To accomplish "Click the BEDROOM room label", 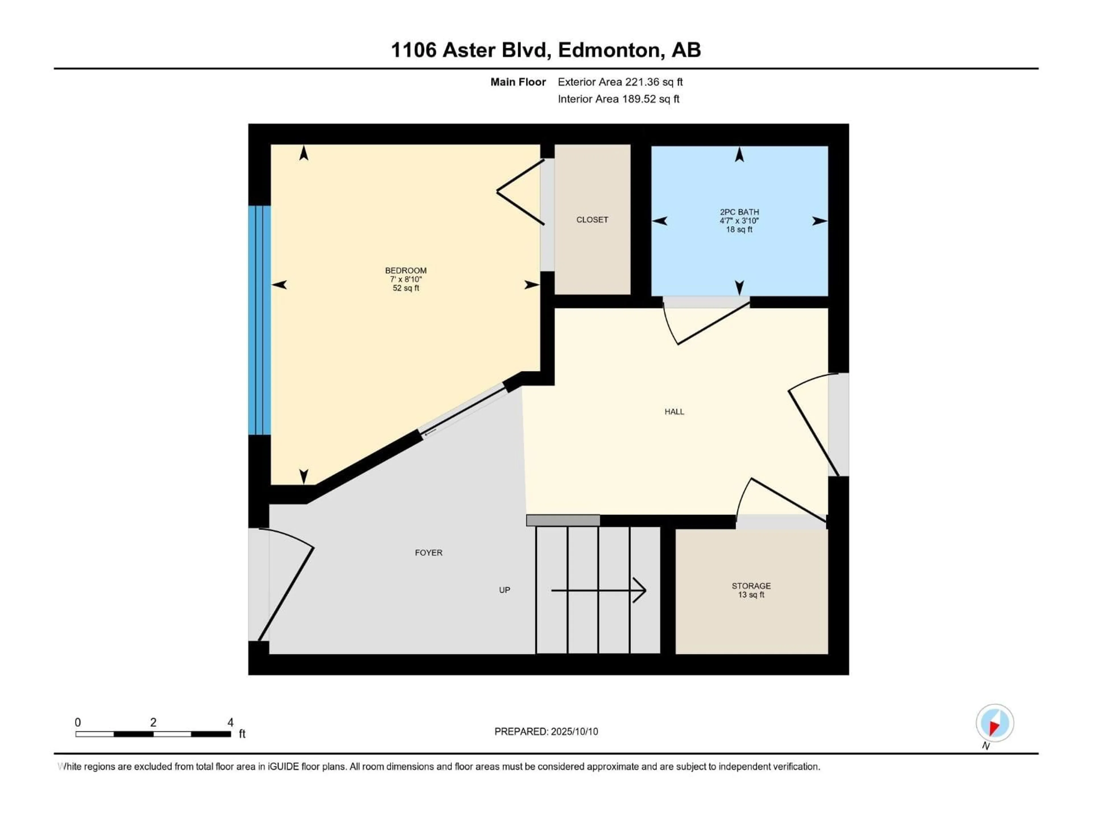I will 406,271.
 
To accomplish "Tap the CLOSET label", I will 592,220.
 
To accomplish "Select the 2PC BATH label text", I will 739,212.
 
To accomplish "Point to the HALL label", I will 674,411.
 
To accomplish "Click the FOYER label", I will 428,553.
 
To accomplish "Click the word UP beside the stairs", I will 504,590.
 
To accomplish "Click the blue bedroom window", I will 259,320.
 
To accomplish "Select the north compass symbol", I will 995,723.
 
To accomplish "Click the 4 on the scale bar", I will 230,722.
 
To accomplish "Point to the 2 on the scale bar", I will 153,722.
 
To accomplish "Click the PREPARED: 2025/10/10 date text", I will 546,731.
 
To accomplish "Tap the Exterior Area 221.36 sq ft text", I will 620,82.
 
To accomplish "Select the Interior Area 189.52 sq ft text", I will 618,99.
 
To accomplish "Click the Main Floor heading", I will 518,82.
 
